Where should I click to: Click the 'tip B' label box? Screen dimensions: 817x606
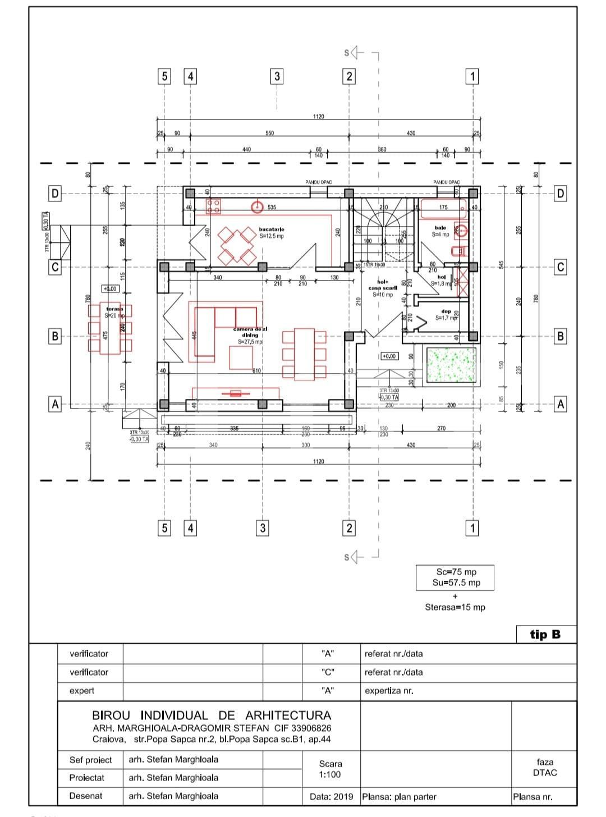tap(545, 635)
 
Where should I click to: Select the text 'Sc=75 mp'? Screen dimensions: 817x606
tap(456, 572)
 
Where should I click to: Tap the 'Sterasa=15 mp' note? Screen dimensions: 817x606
tap(455, 607)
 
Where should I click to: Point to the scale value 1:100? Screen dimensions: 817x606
tap(330, 774)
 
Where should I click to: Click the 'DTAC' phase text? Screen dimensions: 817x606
tap(545, 772)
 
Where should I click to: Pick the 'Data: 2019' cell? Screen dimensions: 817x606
tap(332, 796)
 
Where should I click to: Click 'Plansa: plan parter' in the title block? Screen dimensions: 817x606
tap(399, 796)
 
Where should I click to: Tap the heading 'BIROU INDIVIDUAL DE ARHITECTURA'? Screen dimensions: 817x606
tap(212, 715)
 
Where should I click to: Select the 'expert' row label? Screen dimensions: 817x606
tap(82, 691)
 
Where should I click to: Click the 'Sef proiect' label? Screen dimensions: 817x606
tap(90, 760)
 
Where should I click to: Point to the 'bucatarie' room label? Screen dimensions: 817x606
tap(272, 230)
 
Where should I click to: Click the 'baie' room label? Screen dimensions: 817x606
tap(440, 228)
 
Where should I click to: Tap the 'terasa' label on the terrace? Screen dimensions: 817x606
tap(114, 309)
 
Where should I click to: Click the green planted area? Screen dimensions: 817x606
tap(451, 365)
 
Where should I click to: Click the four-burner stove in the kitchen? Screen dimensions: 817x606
tap(213, 206)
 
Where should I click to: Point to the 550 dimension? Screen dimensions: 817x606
tap(269, 134)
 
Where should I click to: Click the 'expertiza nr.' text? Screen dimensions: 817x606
tap(389, 691)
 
